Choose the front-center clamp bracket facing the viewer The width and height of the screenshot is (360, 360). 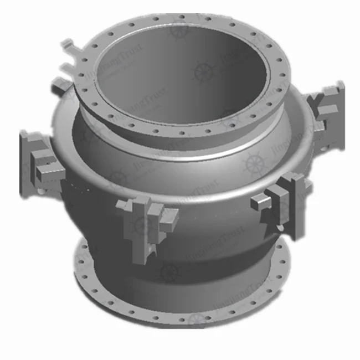pyautogui.click(x=145, y=219)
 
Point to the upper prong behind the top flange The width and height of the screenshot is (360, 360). pyautogui.click(x=68, y=44)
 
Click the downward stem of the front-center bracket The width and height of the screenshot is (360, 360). pyautogui.click(x=145, y=249)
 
